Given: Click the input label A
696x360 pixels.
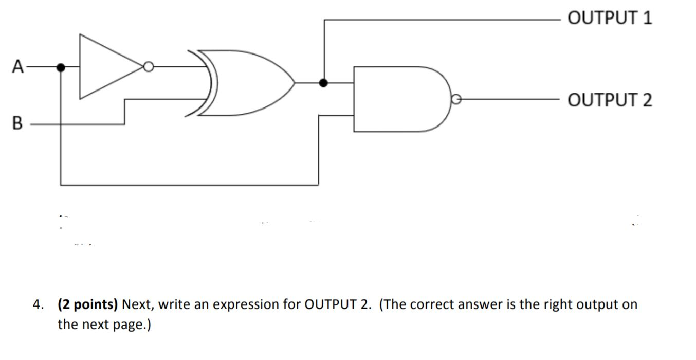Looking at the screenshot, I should click(x=19, y=67).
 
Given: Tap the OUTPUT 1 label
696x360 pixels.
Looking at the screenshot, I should click(x=610, y=19).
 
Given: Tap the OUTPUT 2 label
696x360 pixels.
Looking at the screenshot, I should click(x=610, y=99).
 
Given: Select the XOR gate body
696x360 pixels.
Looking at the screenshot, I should click(x=242, y=82).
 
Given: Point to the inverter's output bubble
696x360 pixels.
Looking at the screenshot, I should click(x=149, y=67).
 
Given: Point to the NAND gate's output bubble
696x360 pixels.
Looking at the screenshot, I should click(x=455, y=99).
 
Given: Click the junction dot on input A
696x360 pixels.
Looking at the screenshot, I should click(x=61, y=67).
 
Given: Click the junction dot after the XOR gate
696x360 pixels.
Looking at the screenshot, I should click(x=323, y=82).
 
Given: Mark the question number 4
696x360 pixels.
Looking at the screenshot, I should click(x=37, y=305).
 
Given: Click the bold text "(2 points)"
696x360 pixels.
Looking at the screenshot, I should click(x=88, y=305).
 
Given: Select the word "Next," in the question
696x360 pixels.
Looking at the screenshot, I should click(x=138, y=305).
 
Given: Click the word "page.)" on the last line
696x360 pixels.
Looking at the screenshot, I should click(x=134, y=325).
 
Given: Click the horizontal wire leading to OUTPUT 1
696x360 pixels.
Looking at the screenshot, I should click(x=442, y=19).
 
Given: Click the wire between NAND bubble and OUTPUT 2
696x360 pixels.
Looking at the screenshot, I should click(x=509, y=99).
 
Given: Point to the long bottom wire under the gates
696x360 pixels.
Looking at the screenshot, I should click(x=190, y=185).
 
